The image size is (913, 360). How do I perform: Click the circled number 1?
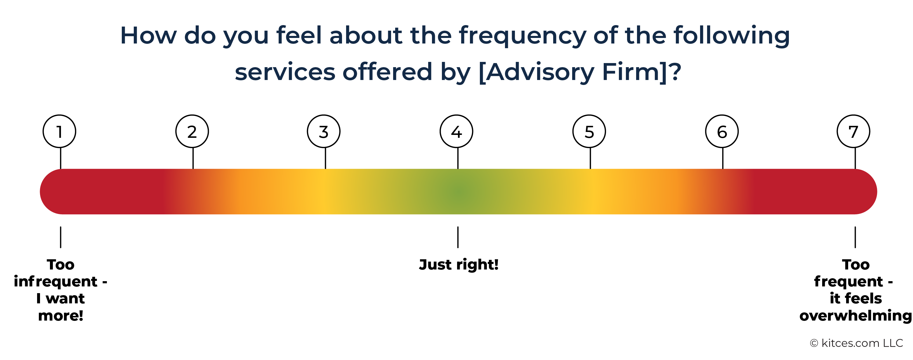coord(59,131)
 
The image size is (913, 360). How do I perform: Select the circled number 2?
coord(192,131)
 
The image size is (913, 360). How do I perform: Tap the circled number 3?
coord(324,131)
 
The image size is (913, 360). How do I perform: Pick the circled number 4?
coord(456,131)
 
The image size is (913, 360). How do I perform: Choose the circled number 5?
coord(589,131)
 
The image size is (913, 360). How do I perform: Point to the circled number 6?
coord(722,131)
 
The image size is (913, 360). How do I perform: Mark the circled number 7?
coord(853,131)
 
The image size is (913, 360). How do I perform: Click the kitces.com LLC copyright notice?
coord(856,343)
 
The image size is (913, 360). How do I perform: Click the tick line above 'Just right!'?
coord(458,237)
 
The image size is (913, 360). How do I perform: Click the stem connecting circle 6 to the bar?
coord(723,158)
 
